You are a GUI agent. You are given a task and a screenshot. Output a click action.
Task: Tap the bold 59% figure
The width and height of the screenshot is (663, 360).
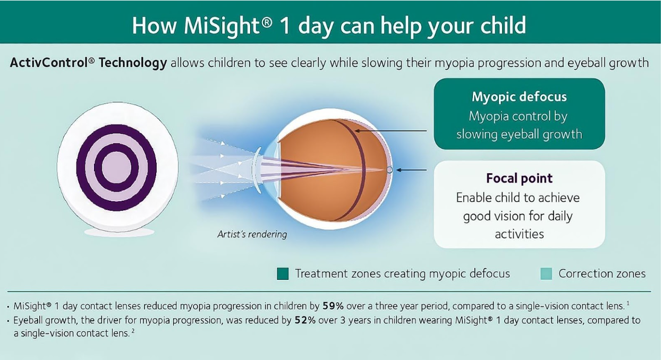(x=333, y=306)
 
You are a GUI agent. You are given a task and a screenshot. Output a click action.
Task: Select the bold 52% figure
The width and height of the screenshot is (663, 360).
(x=305, y=320)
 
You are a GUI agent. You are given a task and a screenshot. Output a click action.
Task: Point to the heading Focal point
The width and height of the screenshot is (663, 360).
(x=519, y=178)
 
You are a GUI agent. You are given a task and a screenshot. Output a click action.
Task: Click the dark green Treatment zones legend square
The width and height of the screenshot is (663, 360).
(x=283, y=273)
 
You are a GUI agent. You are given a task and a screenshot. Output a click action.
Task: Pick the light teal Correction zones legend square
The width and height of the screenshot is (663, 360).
(x=546, y=273)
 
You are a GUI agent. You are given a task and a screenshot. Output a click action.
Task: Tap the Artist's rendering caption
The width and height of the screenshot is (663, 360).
(x=252, y=234)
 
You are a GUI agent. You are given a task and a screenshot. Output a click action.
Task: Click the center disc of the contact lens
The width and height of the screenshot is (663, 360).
(x=116, y=167)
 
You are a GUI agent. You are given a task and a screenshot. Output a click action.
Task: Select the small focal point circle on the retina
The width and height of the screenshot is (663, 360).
(x=390, y=170)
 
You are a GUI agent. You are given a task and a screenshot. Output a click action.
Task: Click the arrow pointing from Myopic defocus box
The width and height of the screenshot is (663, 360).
(x=390, y=131)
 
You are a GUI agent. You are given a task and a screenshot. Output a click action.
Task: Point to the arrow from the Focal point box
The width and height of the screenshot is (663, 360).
(x=411, y=170)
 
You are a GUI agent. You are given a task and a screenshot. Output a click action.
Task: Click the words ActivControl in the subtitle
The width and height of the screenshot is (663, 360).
(x=53, y=63)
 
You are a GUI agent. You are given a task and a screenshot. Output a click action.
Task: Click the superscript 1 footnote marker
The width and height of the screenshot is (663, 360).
(x=628, y=304)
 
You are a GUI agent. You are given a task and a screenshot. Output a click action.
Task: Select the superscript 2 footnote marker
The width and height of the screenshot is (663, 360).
(x=133, y=331)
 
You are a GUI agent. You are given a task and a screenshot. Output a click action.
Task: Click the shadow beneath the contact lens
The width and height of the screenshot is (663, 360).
(x=120, y=232)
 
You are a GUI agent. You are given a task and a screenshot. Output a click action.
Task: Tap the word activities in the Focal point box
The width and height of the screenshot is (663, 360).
(x=519, y=234)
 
